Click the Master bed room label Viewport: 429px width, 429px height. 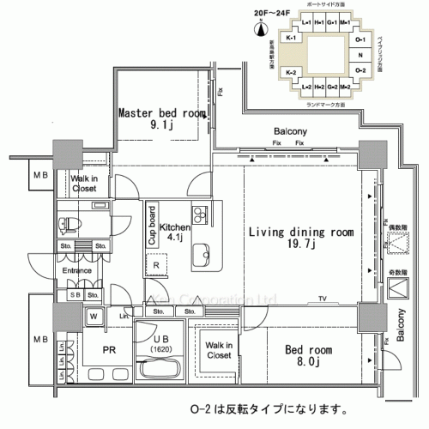point(162,118)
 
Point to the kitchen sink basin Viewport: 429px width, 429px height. point(201,254)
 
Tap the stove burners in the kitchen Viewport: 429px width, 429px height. point(200,214)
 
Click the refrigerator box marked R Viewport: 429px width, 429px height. point(155,266)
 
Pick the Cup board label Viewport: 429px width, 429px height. point(151,226)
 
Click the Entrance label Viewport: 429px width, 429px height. point(76,272)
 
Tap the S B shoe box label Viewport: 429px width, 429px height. point(76,294)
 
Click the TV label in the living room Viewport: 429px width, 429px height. point(323,298)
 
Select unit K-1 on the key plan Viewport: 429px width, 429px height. point(291,39)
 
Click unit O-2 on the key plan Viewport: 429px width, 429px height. point(360,69)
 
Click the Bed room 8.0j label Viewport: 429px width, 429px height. point(302,355)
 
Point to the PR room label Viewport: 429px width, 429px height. point(110,351)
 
